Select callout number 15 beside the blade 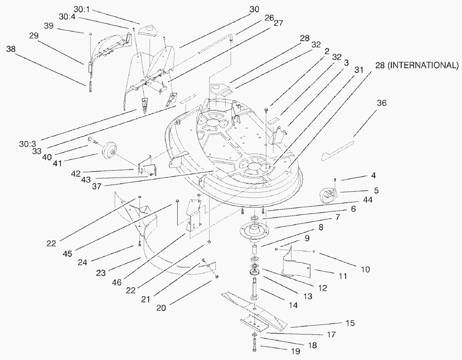[350, 323]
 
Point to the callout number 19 [295, 351]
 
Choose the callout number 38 [11, 49]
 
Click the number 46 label [117, 283]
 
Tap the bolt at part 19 [255, 347]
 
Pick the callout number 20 [161, 308]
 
